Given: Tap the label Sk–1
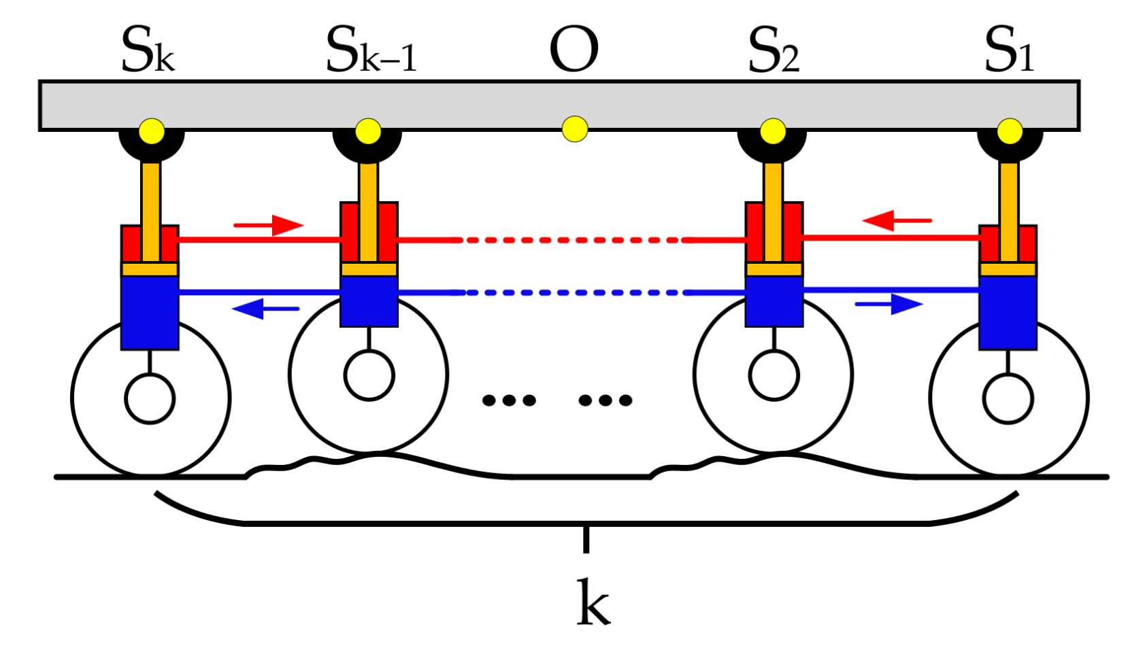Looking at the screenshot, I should [371, 51].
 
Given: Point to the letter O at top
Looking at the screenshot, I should [574, 51].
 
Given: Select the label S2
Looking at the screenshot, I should [774, 51].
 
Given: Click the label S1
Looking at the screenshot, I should [1010, 51].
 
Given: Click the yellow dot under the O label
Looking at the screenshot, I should [575, 128].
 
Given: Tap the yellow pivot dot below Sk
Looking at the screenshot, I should [151, 131].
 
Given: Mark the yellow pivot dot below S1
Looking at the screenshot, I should [1010, 131].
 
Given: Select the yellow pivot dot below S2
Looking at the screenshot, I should [772, 131].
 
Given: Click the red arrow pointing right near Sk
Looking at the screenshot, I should [268, 225].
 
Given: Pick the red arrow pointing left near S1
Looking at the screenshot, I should [896, 220].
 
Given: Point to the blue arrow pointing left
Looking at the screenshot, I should [265, 309].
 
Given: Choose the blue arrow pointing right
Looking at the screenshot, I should [889, 304].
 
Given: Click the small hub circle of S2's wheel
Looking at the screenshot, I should [774, 375].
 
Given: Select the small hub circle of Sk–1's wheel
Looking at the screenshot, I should [369, 375].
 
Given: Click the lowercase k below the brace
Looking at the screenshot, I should [593, 602].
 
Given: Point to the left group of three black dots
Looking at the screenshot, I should [509, 400].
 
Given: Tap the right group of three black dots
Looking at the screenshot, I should [605, 400].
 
